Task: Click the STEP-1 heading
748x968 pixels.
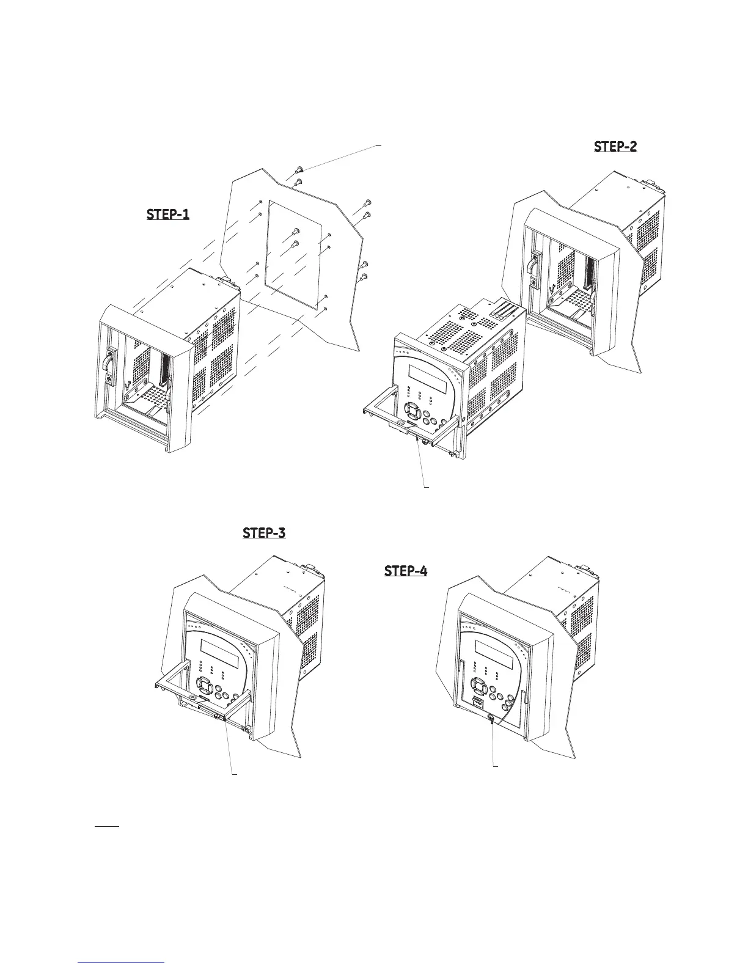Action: pyautogui.click(x=168, y=215)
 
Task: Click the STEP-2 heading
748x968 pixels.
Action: pyautogui.click(x=615, y=147)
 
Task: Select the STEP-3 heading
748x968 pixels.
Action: pyautogui.click(x=264, y=532)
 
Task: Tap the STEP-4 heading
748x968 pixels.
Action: pyautogui.click(x=406, y=571)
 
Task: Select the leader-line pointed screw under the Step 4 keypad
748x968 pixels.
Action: pyautogui.click(x=491, y=721)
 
